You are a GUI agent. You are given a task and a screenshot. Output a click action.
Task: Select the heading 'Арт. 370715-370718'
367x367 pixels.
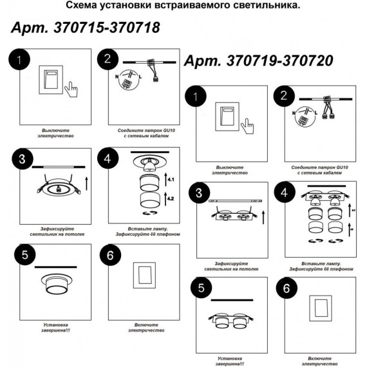tap(85, 29)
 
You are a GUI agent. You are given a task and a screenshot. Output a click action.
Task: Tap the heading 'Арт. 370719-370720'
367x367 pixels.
tap(259, 61)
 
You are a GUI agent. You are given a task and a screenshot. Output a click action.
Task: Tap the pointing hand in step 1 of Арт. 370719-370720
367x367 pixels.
tap(247, 124)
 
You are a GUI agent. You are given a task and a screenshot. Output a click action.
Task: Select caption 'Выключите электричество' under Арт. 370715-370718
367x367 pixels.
tap(57, 133)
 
